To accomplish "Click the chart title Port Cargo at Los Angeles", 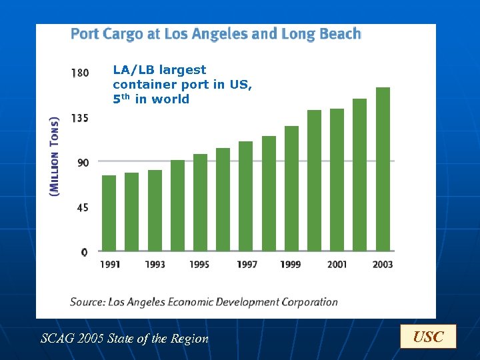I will [x=215, y=34].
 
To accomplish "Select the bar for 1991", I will [x=109, y=213].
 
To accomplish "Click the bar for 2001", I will [x=337, y=180].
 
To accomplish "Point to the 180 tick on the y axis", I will [x=80, y=73].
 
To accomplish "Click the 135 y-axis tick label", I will [x=80, y=118].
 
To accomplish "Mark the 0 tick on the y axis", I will [x=84, y=252].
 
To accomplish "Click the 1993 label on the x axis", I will [x=155, y=265].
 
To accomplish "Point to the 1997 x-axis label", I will [x=247, y=265].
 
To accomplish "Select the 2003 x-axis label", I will [x=383, y=265].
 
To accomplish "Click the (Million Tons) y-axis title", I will [x=55, y=156].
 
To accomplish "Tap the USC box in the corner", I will [x=428, y=337].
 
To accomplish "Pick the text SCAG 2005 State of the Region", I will [x=125, y=339].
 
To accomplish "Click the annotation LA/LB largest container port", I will [x=182, y=85].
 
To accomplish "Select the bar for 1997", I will [x=245, y=197].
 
